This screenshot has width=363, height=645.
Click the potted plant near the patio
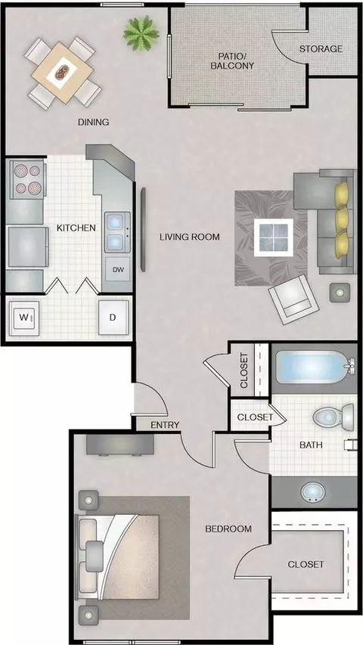pyautogui.click(x=141, y=33)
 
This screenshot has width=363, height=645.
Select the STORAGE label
pyautogui.click(x=321, y=49)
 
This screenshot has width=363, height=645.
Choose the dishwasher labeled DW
pyautogui.click(x=118, y=270)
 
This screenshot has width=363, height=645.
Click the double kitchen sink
pyautogui.click(x=117, y=232)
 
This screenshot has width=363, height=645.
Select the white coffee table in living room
pyautogui.click(x=273, y=237)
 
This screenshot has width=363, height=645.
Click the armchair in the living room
pyautogui.click(x=294, y=299)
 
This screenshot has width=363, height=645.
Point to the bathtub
pyautogui.click(x=314, y=367)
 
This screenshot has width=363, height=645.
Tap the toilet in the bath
pyautogui.click(x=333, y=417)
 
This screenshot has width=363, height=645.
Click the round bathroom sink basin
pyautogui.click(x=313, y=492)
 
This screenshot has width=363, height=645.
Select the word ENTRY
pyautogui.click(x=165, y=425)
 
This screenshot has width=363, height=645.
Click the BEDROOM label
pyautogui.click(x=228, y=529)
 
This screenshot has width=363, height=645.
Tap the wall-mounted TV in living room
pyautogui.click(x=143, y=230)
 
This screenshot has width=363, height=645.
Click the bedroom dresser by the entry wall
pyautogui.click(x=119, y=445)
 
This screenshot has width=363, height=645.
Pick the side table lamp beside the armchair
pyautogui.click(x=340, y=293)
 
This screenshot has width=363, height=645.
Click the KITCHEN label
pyautogui.click(x=76, y=228)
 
